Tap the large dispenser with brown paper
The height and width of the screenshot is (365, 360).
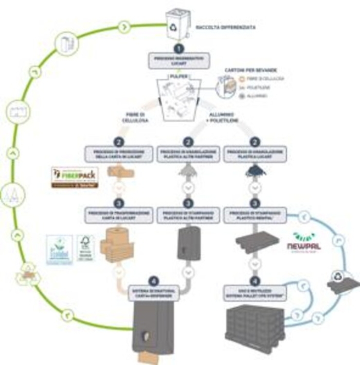click(153, 332)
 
